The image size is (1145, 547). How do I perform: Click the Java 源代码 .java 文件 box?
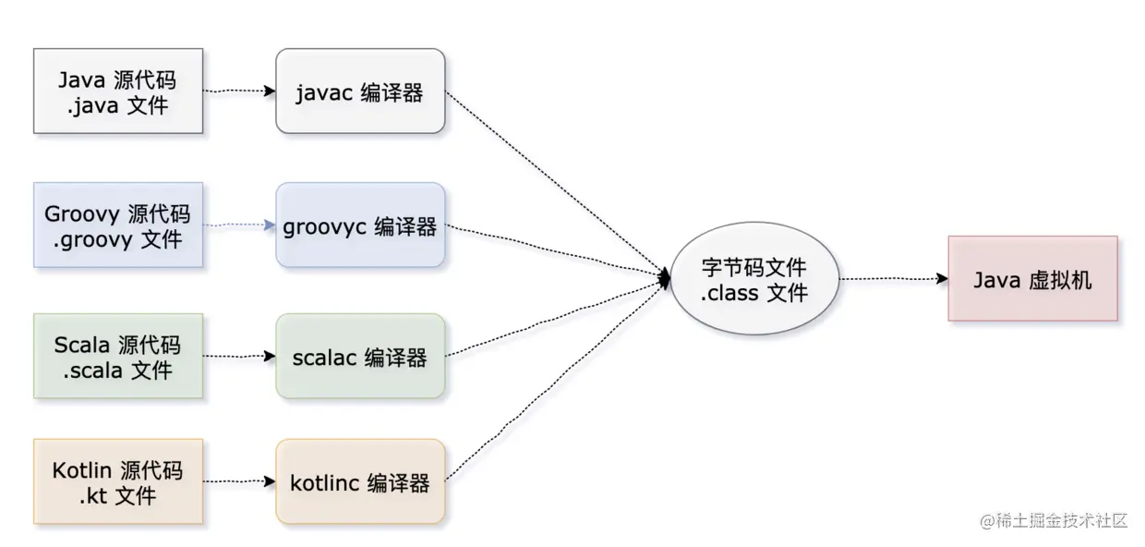[x=118, y=91]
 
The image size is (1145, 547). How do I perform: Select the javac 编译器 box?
[x=360, y=91]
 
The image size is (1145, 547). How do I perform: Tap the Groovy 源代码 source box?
[x=118, y=225]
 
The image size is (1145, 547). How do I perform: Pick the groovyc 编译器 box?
[x=360, y=225]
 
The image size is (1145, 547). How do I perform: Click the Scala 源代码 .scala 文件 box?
[x=118, y=356]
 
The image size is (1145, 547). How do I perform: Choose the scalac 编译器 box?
[x=360, y=356]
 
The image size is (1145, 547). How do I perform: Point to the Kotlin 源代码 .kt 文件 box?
[x=118, y=481]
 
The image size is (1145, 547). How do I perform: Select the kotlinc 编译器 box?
[x=360, y=481]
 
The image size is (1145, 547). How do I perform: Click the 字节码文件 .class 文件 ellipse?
[x=754, y=280]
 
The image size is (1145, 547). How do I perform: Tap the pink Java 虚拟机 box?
[x=1032, y=278]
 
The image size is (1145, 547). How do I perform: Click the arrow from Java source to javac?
[x=239, y=91]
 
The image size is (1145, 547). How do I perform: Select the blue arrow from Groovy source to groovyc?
[x=239, y=225]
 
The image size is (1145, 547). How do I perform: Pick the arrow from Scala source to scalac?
[x=239, y=356]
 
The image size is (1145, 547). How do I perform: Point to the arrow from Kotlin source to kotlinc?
[x=239, y=481]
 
